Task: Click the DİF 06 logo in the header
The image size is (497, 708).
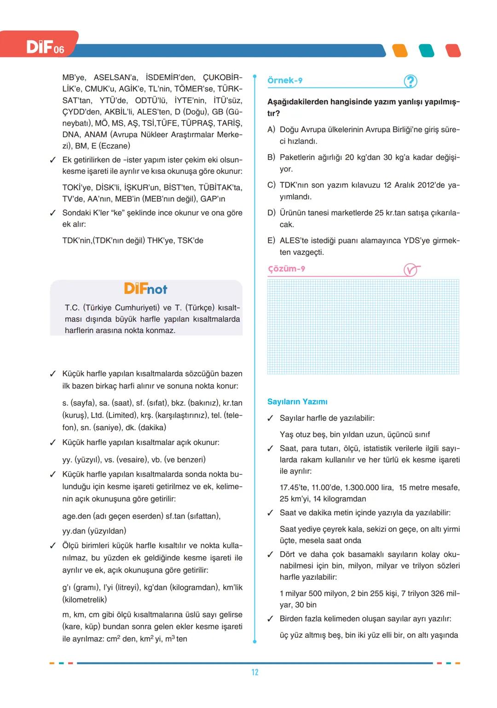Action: (x=45, y=47)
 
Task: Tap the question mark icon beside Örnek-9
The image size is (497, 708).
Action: (x=410, y=81)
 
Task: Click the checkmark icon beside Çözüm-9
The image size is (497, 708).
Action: (x=411, y=270)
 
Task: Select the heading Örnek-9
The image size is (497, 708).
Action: (x=285, y=81)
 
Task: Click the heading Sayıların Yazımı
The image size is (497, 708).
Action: (x=297, y=402)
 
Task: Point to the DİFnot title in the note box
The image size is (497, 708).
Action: (x=145, y=289)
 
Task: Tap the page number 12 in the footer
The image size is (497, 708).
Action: (x=255, y=672)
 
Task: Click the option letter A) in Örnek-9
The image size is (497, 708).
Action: (x=272, y=130)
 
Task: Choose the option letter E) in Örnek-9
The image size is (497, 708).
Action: (x=272, y=241)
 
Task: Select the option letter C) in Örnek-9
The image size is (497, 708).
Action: (x=272, y=185)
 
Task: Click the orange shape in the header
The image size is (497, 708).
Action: (x=400, y=51)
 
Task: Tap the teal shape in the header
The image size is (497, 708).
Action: (x=427, y=51)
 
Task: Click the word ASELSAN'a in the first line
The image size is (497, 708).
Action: (x=116, y=78)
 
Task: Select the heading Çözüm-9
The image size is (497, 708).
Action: (x=286, y=269)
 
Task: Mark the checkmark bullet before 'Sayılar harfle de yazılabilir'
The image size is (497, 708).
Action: (x=271, y=419)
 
